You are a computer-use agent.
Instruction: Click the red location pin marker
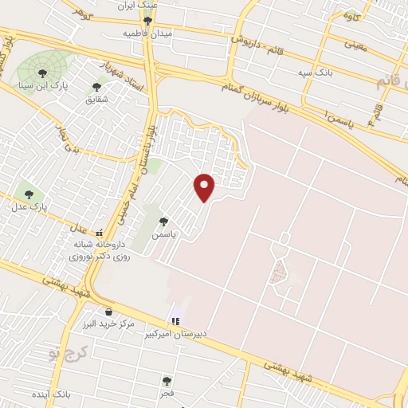point(205,187)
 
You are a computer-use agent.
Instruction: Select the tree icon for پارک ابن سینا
point(42,73)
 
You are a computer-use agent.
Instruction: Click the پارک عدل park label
point(29,206)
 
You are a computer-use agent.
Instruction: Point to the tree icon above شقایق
point(96,87)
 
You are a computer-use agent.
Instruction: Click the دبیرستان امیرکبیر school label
point(176,333)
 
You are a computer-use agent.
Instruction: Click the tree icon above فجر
point(166,381)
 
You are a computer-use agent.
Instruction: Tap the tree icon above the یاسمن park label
point(163,222)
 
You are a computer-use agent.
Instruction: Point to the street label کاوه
point(351,17)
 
